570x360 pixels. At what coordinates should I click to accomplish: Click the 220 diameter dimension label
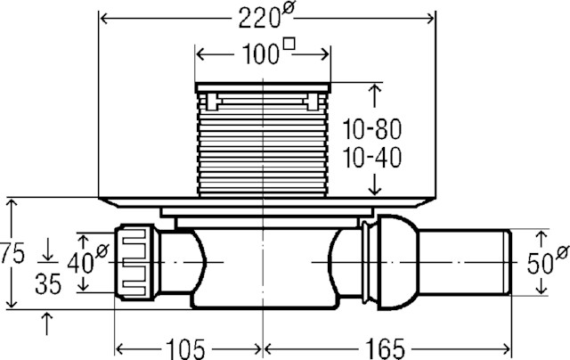[x=267, y=15]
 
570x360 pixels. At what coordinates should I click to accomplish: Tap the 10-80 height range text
[x=372, y=129]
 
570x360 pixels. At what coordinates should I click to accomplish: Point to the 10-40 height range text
[x=372, y=158]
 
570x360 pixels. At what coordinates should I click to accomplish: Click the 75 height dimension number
[x=12, y=253]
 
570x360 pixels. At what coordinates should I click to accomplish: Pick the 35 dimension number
[x=48, y=283]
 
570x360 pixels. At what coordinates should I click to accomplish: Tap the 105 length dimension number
[x=185, y=348]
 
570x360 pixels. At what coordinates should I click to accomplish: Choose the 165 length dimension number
[x=385, y=348]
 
